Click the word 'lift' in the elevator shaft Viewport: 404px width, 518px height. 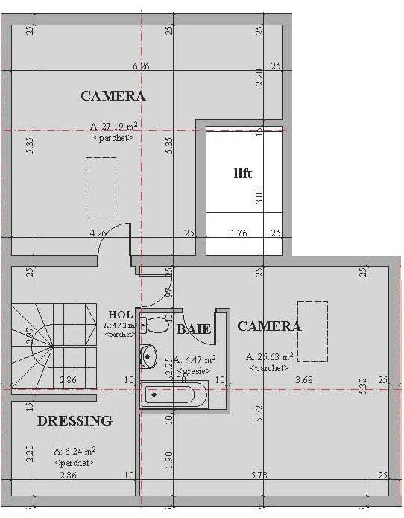click(x=243, y=174)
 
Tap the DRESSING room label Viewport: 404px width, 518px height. click(x=75, y=421)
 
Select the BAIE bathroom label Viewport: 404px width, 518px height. click(x=194, y=329)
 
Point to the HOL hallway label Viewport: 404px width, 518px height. click(x=121, y=315)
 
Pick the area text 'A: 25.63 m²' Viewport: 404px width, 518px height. click(x=269, y=357)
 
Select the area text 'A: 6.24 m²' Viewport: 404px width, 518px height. click(x=75, y=452)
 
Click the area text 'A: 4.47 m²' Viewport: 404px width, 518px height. click(x=192, y=359)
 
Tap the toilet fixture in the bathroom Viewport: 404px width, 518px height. click(x=157, y=325)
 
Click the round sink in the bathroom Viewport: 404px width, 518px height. click(x=149, y=357)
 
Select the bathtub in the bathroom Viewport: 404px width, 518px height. click(x=179, y=394)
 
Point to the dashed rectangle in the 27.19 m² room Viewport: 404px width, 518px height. click(x=101, y=187)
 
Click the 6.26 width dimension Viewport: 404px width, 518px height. click(x=141, y=66)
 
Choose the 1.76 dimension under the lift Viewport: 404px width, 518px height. click(x=239, y=233)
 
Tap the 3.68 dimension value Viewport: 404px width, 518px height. click(x=303, y=381)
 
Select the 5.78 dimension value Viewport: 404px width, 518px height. click(x=259, y=475)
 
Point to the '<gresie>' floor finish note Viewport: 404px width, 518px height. click(x=192, y=370)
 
